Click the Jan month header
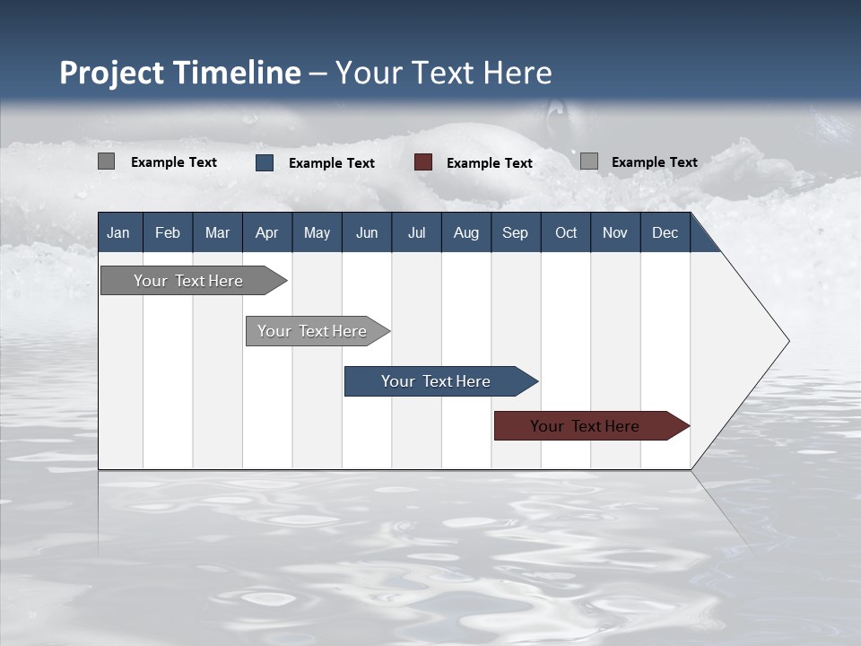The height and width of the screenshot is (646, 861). point(118,232)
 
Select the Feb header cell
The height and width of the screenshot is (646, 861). point(168,232)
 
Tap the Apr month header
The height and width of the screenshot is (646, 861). point(266,232)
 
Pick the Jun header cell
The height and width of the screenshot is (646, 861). point(366,232)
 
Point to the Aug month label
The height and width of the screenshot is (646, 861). point(465,232)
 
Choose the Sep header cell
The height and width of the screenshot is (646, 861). point(515,232)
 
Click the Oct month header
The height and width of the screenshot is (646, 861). point(565,232)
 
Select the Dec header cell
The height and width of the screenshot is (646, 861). point(665,232)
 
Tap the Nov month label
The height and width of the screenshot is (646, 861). point(614,232)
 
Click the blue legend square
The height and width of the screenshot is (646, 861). point(265,162)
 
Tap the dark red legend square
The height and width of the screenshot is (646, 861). point(423,162)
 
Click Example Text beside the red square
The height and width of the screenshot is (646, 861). point(489,162)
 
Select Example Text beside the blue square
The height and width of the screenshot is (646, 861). point(331,162)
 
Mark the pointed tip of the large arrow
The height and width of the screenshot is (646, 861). point(787,341)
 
